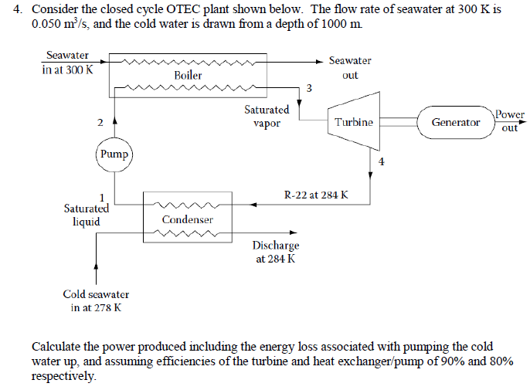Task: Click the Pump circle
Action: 114,154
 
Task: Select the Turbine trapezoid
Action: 353,122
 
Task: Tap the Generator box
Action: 455,122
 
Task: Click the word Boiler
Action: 188,76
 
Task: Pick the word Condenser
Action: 187,220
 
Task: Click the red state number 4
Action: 381,161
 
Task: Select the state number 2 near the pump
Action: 99,123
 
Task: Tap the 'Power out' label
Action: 509,121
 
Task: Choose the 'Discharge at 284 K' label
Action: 275,253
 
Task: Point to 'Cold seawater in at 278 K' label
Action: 96,301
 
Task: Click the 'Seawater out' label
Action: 349,68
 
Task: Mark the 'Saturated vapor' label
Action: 267,117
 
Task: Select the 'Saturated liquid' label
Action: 86,215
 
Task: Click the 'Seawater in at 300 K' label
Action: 67,63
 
